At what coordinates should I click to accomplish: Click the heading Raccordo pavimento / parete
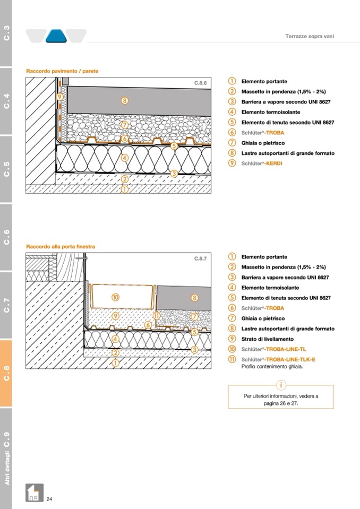tap(62, 71)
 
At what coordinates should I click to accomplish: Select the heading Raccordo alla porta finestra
tap(61, 247)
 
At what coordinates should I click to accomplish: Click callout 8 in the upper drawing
tap(124, 100)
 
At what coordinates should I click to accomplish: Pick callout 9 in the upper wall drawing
tap(59, 97)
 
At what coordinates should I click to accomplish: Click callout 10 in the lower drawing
tap(115, 297)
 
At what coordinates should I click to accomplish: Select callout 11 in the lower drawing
tap(157, 316)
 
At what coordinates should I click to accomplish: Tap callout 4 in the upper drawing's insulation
tap(124, 158)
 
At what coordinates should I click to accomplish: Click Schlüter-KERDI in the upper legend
tap(262, 163)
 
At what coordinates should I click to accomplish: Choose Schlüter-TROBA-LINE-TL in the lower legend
tap(273, 349)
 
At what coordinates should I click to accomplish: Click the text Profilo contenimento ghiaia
tap(272, 366)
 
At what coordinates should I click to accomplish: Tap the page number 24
tap(49, 499)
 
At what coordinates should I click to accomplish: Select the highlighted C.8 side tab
tap(6, 373)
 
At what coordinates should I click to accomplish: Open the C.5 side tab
tap(6, 169)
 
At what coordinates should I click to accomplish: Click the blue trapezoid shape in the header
tap(56, 36)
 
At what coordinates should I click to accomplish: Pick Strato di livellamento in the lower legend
tap(267, 339)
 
